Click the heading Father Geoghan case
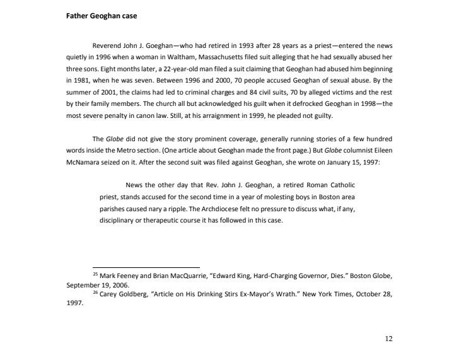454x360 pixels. (105, 16)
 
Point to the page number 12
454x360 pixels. (388, 339)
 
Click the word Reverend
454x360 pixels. (108, 46)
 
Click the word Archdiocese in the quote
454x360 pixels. (220, 208)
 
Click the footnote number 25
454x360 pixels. (95, 274)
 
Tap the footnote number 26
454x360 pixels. (95, 293)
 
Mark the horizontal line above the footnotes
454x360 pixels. (146, 267)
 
